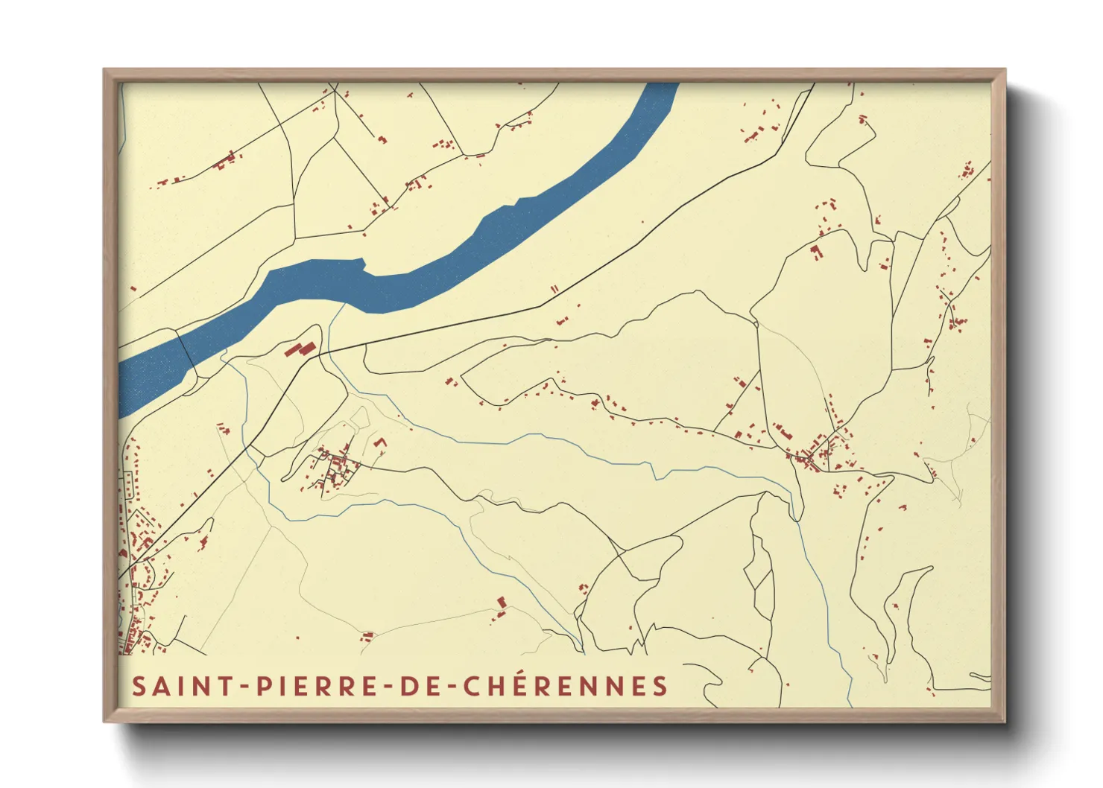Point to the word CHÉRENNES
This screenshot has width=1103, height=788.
(566, 686)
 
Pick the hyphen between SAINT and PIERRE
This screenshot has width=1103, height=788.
(247, 687)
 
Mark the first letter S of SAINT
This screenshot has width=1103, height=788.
(139, 686)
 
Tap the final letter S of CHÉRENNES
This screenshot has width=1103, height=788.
(660, 686)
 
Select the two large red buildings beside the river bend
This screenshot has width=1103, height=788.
(299, 349)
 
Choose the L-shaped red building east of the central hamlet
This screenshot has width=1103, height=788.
(381, 445)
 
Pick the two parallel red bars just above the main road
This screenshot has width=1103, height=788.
(554, 289)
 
